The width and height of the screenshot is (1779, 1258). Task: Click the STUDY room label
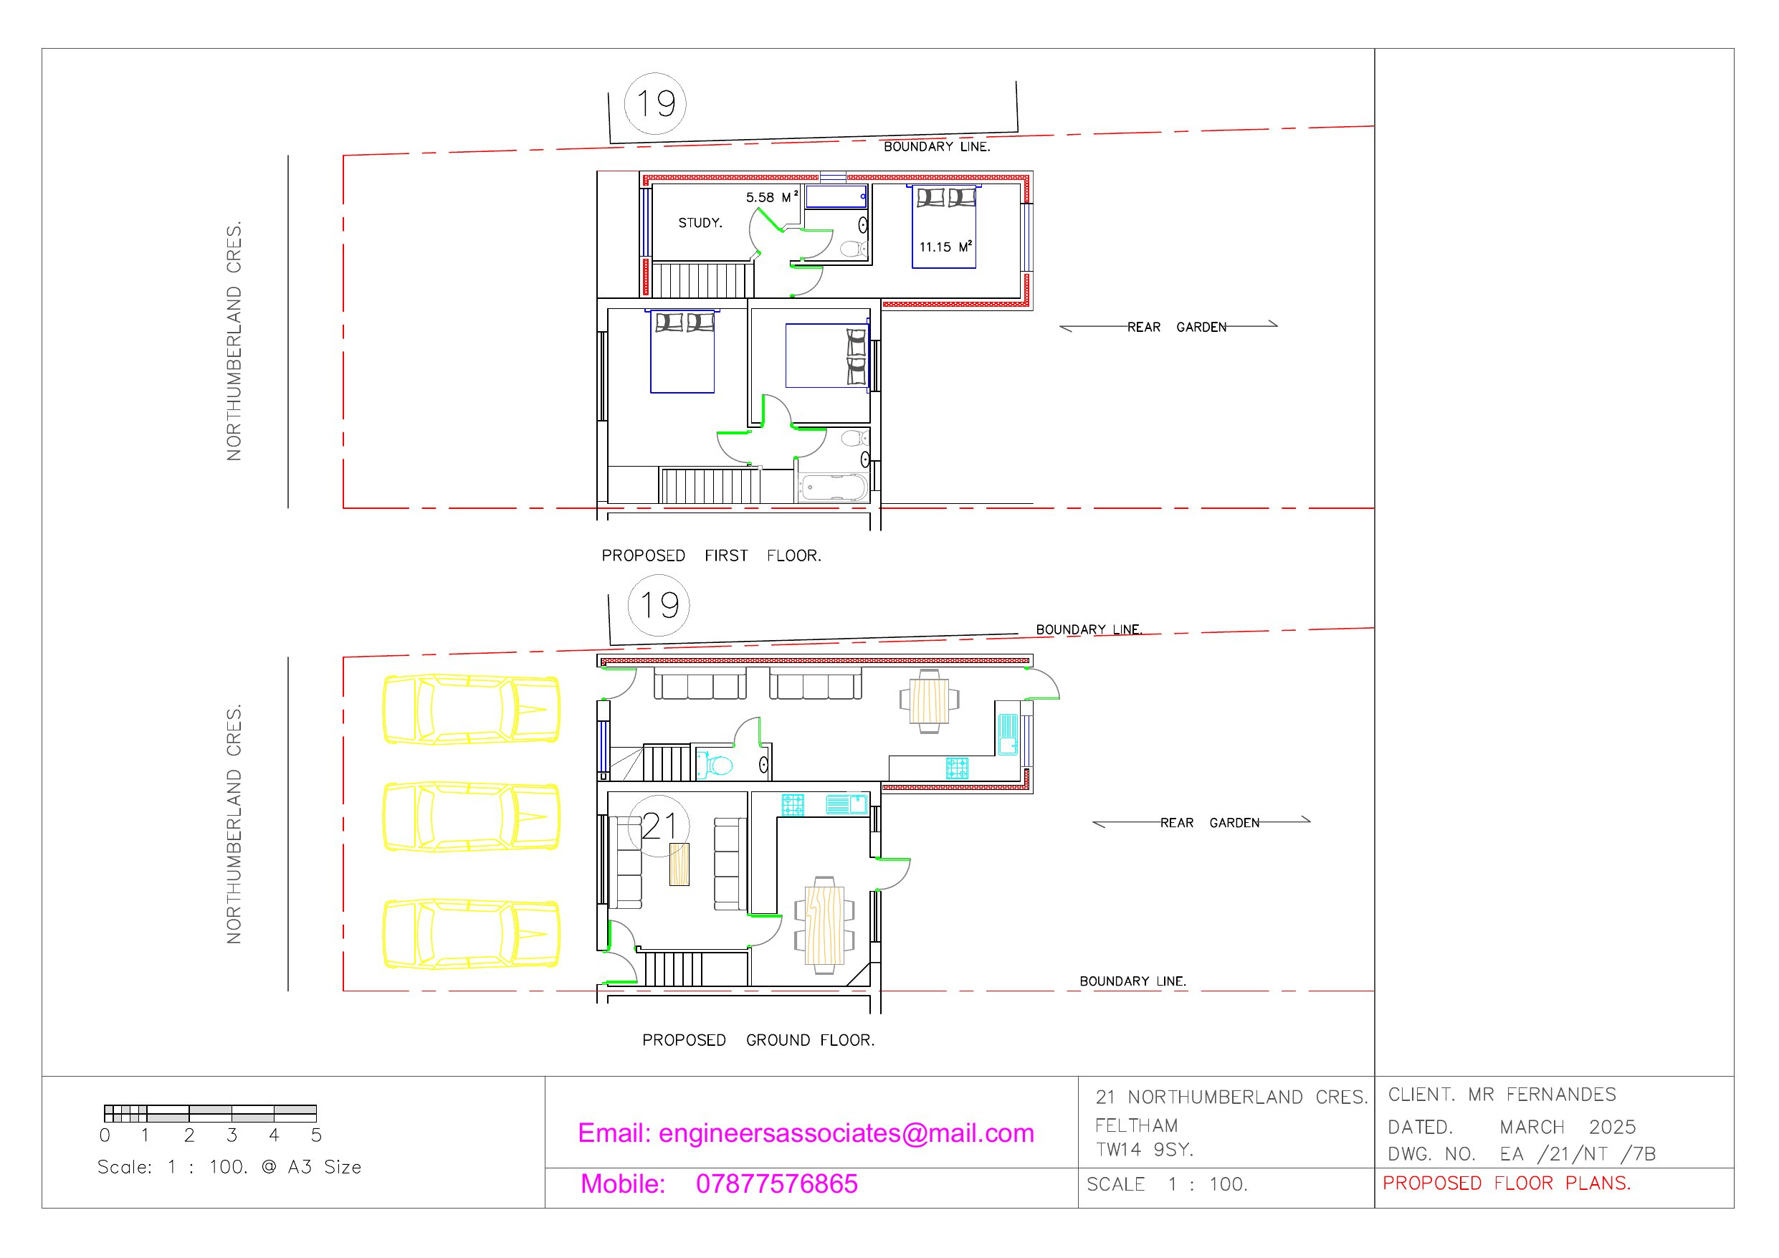click(700, 223)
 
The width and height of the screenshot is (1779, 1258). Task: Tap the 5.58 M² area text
click(772, 197)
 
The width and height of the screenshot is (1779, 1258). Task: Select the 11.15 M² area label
click(945, 247)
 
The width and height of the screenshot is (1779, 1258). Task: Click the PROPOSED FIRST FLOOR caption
click(711, 556)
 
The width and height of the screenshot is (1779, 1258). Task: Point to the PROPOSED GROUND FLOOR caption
click(758, 1040)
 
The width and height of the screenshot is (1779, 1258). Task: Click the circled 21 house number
click(659, 826)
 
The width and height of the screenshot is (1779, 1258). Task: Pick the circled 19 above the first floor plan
click(656, 103)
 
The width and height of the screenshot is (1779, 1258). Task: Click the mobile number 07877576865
click(776, 1183)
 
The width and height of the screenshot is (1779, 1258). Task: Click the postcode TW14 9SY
click(1145, 1150)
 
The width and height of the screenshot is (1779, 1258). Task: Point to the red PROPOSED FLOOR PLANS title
click(1507, 1183)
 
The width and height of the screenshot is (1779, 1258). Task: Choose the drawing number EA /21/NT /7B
click(1578, 1154)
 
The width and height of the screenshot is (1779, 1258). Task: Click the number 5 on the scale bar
click(316, 1135)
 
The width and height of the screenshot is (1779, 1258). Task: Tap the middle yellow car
click(471, 817)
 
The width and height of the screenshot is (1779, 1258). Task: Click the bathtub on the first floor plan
click(834, 487)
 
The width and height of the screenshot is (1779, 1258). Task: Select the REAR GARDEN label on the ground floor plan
click(1209, 822)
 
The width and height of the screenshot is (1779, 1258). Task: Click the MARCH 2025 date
click(1568, 1127)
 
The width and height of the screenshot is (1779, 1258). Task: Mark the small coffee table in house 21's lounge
click(679, 864)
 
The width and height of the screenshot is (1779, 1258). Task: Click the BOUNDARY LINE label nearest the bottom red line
click(1132, 981)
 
